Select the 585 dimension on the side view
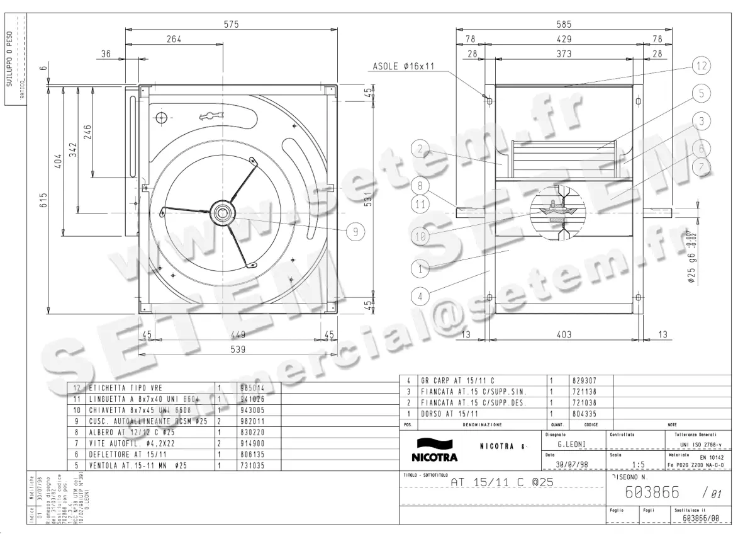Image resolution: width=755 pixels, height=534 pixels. click(x=564, y=25)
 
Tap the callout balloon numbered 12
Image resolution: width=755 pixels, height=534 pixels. click(x=702, y=65)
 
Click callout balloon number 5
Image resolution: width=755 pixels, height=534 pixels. click(x=702, y=93)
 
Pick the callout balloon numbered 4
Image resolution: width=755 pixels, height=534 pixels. click(x=421, y=294)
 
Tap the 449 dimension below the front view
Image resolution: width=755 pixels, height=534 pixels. click(x=238, y=335)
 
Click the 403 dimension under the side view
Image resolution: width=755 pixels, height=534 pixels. click(x=564, y=335)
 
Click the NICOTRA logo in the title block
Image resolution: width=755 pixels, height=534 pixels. click(x=434, y=449)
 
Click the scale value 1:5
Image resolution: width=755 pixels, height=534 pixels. click(x=637, y=465)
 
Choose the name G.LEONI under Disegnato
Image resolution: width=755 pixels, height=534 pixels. click(x=571, y=444)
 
